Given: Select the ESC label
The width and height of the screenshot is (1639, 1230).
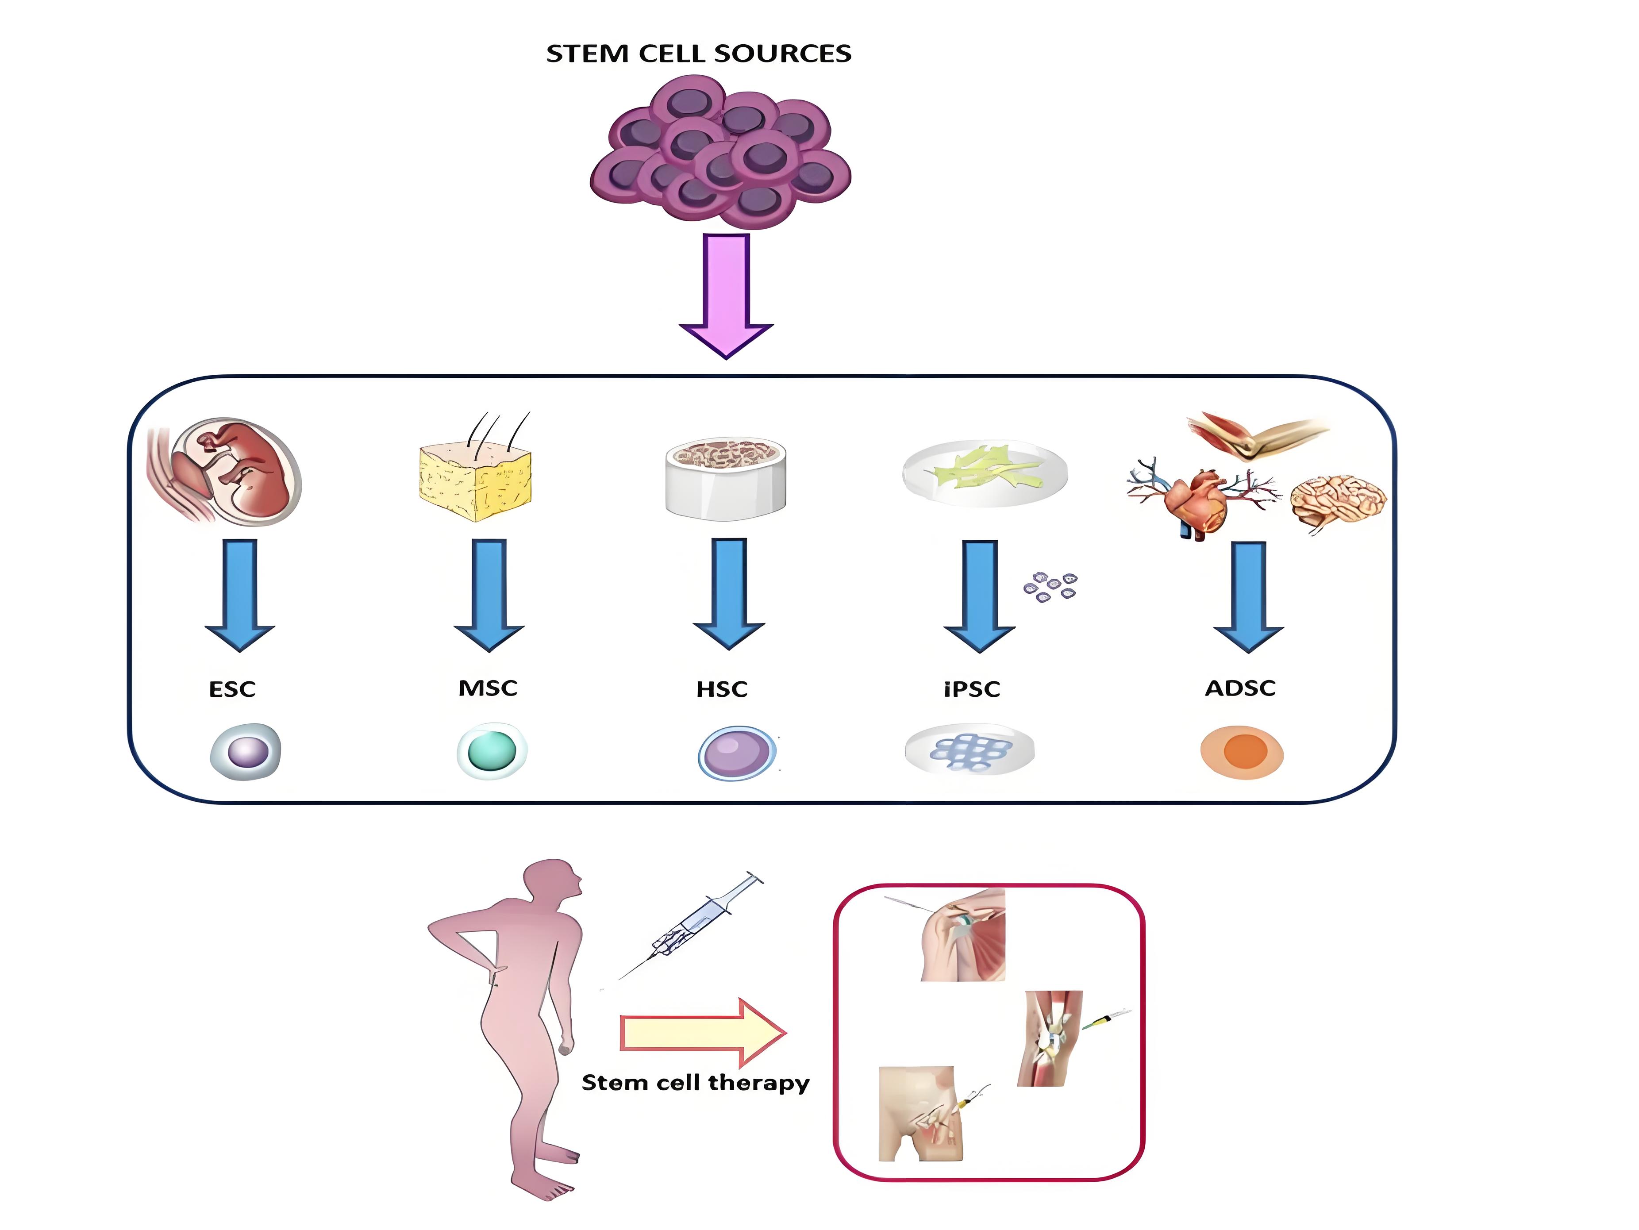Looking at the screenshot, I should pyautogui.click(x=232, y=689).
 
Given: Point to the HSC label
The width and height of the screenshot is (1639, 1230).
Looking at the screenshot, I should pyautogui.click(x=722, y=689).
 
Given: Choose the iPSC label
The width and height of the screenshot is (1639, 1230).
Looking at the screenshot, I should pyautogui.click(x=971, y=689).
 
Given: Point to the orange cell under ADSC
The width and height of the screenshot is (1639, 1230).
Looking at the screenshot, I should pyautogui.click(x=1242, y=751).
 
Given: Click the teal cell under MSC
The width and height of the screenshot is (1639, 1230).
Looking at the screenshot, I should pyautogui.click(x=491, y=750).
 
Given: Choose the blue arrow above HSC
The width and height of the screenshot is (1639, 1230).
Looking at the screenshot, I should pyautogui.click(x=728, y=593).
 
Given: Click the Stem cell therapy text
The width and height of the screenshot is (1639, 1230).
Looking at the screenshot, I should pyautogui.click(x=695, y=1083).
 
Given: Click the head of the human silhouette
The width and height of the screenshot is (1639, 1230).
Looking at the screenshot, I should pyautogui.click(x=552, y=882).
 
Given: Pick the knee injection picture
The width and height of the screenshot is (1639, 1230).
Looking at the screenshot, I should pyautogui.click(x=1052, y=1038).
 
